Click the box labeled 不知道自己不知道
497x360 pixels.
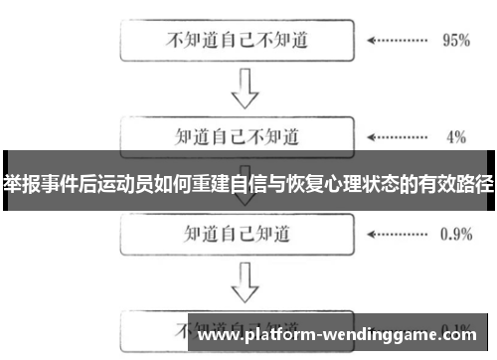tap(237, 42)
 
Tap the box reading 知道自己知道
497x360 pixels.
tap(237, 235)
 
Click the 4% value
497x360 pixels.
tap(456, 135)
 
